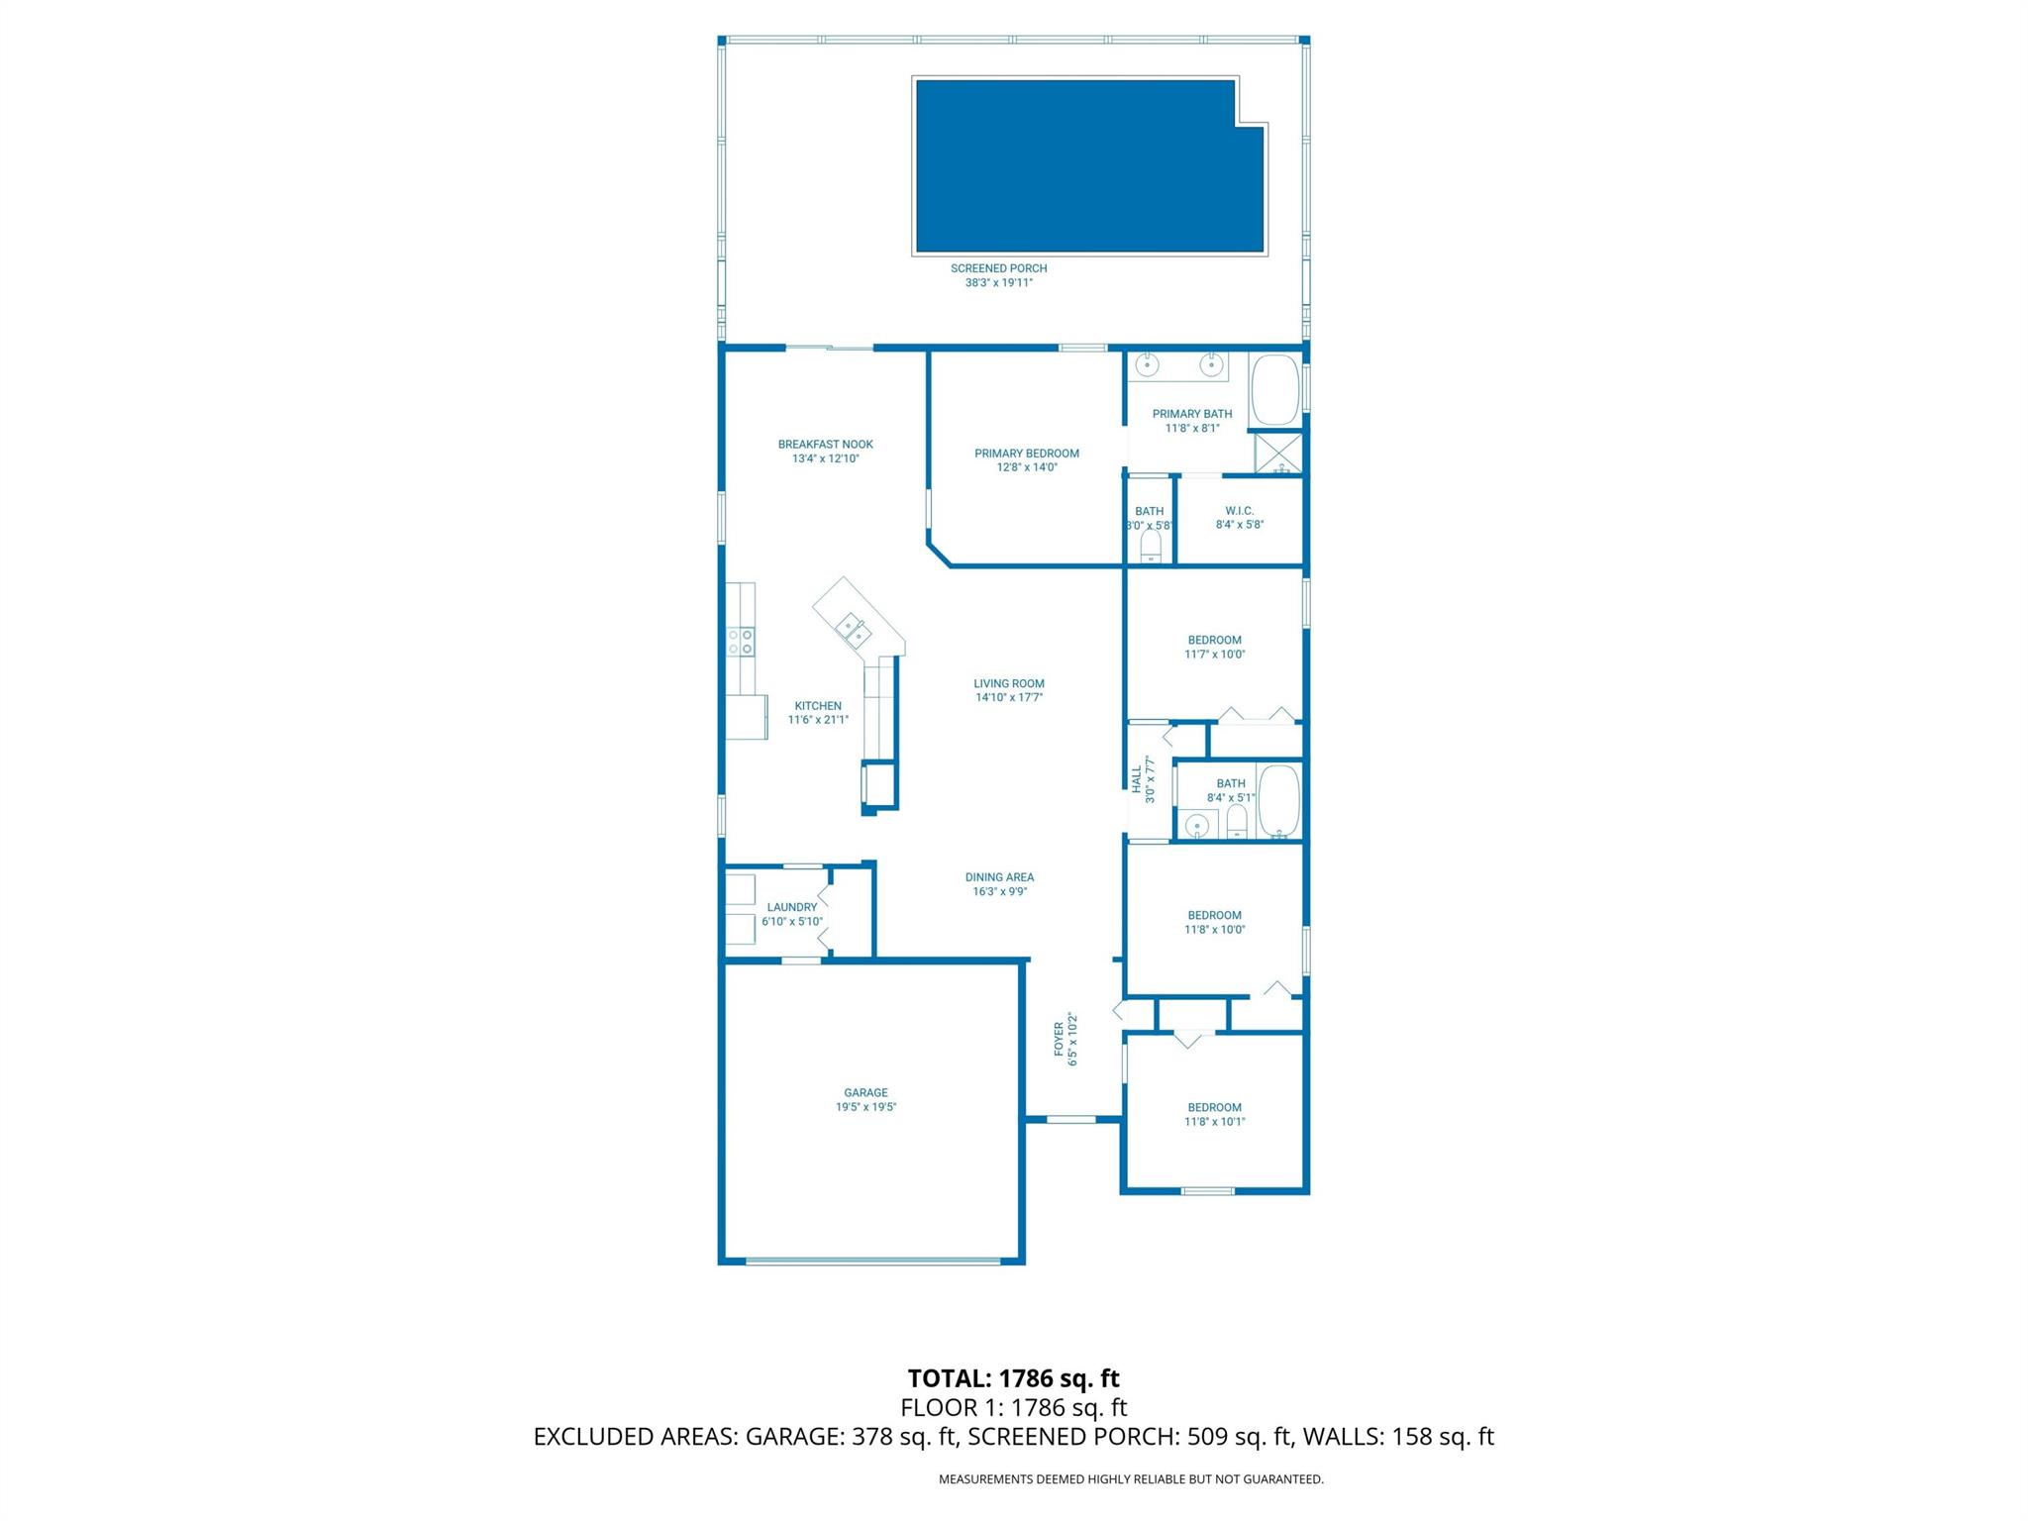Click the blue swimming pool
coord(1089,166)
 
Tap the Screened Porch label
coord(998,268)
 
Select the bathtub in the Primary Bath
coord(1274,390)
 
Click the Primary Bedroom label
coord(1026,454)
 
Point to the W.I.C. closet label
coord(1239,511)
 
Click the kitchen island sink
coord(853,628)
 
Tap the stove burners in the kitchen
coord(740,642)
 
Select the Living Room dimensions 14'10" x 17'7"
coord(1008,698)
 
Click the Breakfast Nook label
coord(825,445)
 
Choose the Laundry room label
coord(791,907)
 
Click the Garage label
coord(865,1093)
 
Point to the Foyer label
coord(1059,1039)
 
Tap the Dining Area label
coord(999,877)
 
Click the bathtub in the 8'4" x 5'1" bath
coord(1278,801)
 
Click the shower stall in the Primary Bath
coord(1278,454)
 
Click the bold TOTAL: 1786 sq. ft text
coord(1013,1378)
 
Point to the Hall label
coord(1137,779)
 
